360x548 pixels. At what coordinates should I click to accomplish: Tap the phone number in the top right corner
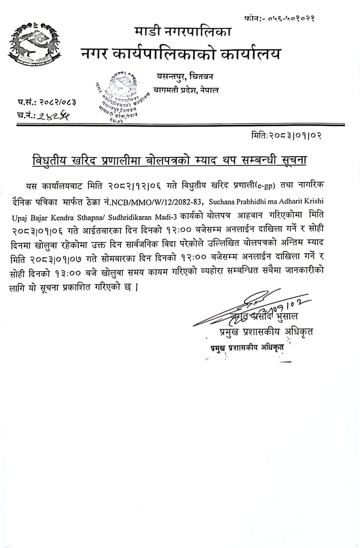pos(280,18)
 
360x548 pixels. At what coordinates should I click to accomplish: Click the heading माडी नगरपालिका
pos(183,32)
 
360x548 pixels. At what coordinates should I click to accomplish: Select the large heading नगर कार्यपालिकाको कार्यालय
pos(181,54)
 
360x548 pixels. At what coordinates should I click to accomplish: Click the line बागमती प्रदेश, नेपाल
pos(186,90)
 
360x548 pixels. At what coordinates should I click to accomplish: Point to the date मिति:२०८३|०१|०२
pos(286,136)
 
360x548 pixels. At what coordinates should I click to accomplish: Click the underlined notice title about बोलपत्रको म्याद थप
pos(169,160)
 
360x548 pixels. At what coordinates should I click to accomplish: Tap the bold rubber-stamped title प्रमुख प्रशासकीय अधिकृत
pos(247,348)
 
